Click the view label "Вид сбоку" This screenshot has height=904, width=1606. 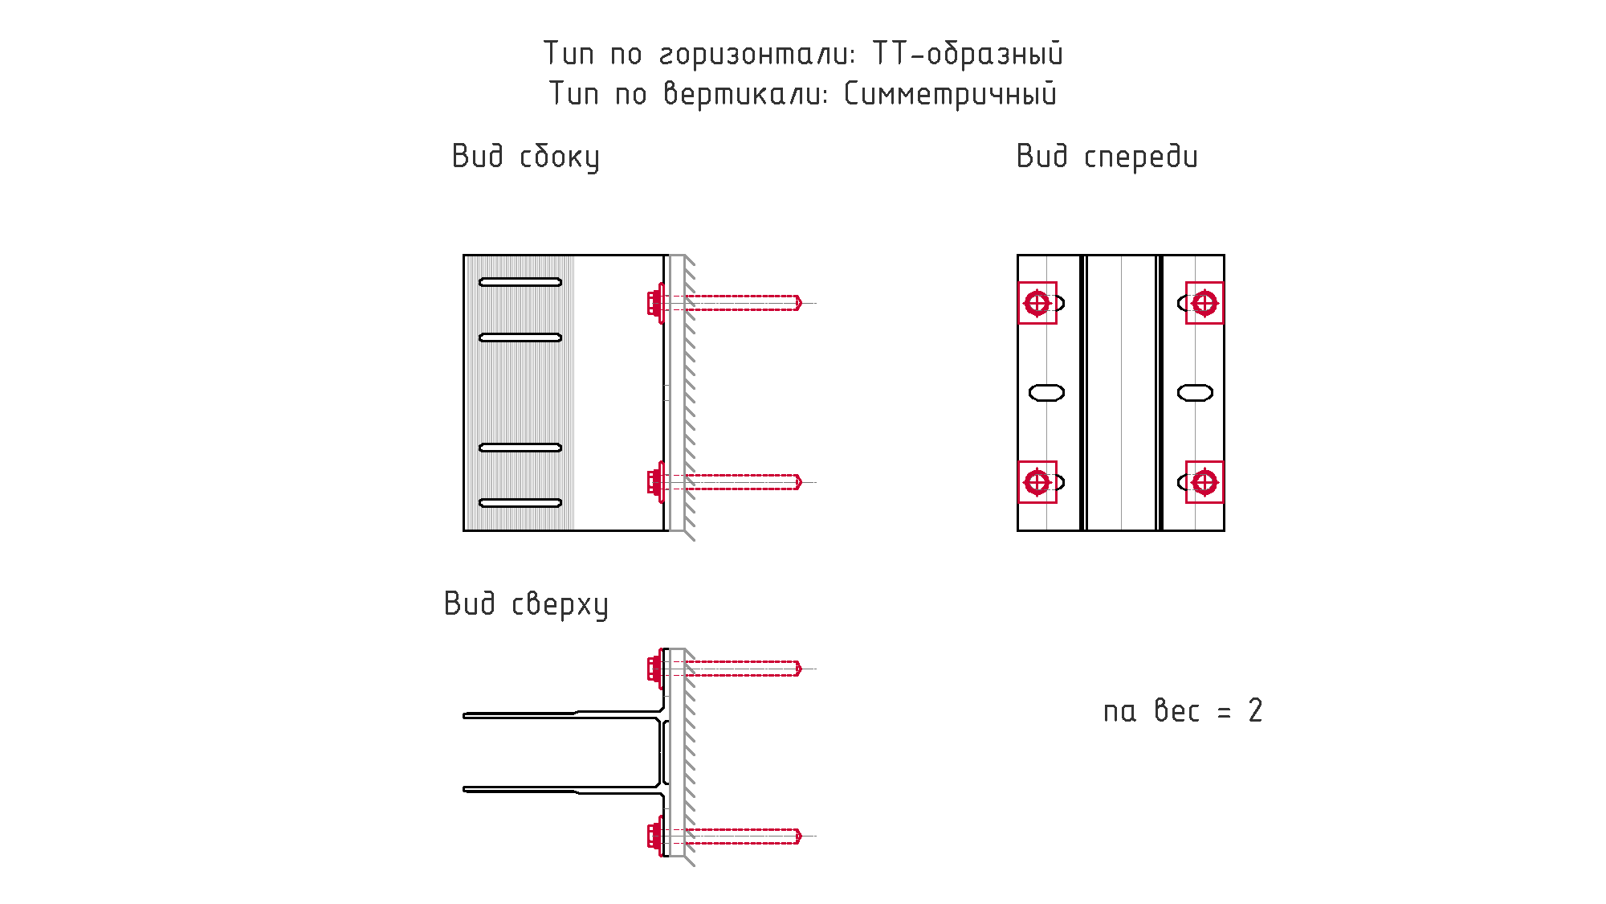[x=525, y=157]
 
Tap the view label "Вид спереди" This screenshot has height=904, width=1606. [x=1107, y=157]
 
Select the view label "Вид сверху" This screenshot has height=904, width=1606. [x=526, y=604]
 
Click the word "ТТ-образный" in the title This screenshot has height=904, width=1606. [x=968, y=54]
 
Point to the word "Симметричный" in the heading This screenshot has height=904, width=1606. [x=950, y=94]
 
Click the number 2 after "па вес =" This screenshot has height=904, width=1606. [x=1255, y=711]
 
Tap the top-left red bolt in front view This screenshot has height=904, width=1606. [x=1037, y=303]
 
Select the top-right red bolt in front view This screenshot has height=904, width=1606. [x=1204, y=303]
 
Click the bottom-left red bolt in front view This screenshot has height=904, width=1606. [x=1037, y=482]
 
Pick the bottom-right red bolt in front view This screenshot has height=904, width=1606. [x=1204, y=482]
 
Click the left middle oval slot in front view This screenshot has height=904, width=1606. [x=1047, y=392]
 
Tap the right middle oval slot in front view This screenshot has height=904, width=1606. [x=1195, y=392]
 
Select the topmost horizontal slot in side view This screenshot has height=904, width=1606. [x=520, y=282]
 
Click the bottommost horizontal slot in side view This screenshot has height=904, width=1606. [x=520, y=503]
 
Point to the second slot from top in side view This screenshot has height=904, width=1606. [x=520, y=337]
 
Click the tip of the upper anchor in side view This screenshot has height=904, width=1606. [x=801, y=303]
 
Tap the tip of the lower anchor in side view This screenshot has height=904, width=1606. [x=801, y=482]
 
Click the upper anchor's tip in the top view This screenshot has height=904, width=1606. [x=801, y=669]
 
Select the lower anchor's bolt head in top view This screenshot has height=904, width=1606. [x=654, y=836]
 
